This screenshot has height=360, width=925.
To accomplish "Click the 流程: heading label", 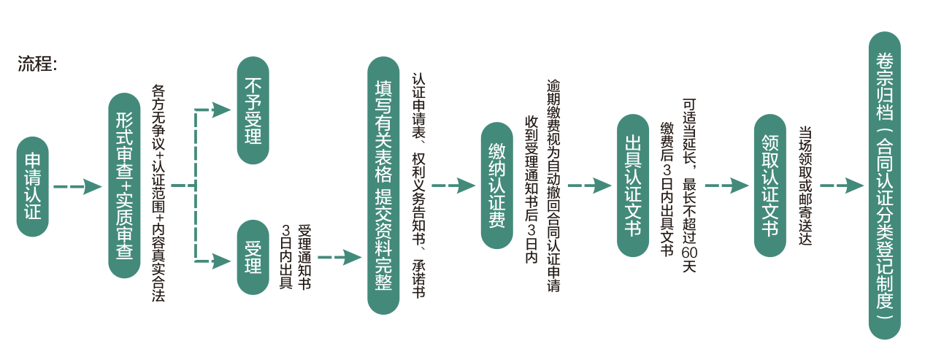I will click(37, 64).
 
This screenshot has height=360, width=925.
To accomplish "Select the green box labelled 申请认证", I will click(33, 186).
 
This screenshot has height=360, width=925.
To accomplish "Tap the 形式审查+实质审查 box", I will click(124, 185).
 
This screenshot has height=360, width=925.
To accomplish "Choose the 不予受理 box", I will click(253, 110).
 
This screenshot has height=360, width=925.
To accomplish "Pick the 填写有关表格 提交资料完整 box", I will click(383, 185).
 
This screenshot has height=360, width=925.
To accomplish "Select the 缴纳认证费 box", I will click(497, 185).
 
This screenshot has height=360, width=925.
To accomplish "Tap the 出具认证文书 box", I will click(632, 185).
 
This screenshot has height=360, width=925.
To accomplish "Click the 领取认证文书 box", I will click(769, 185).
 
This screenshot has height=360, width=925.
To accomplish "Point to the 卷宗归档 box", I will click(884, 185).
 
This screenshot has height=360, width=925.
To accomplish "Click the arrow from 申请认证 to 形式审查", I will click(77, 186).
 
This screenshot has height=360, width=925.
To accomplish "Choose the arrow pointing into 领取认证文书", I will click(726, 185).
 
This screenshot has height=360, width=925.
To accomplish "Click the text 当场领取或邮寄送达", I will click(805, 185).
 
